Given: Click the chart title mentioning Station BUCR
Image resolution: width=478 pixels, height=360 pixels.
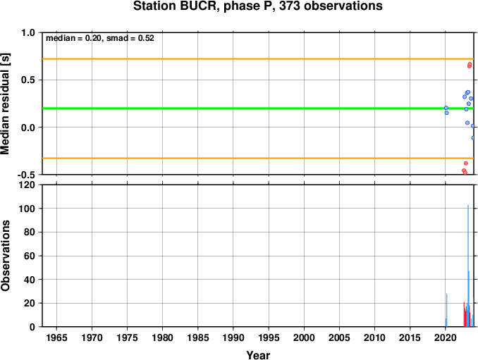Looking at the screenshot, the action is pyautogui.click(x=257, y=6).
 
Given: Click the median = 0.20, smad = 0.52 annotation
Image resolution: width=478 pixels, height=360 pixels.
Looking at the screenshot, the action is pyautogui.click(x=100, y=38).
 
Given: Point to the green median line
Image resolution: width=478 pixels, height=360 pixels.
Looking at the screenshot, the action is pyautogui.click(x=258, y=108).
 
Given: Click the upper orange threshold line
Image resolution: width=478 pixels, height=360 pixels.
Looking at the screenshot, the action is pyautogui.click(x=258, y=58).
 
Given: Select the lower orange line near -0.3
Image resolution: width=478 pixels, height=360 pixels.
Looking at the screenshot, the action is pyautogui.click(x=258, y=158).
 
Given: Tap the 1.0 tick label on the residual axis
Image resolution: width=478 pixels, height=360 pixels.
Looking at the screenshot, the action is pyautogui.click(x=28, y=32).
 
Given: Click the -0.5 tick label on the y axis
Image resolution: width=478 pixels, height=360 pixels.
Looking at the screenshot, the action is pyautogui.click(x=27, y=175).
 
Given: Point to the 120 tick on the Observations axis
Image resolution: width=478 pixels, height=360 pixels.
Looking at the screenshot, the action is pyautogui.click(x=27, y=185).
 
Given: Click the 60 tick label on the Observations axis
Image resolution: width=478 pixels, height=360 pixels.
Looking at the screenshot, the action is pyautogui.click(x=30, y=256).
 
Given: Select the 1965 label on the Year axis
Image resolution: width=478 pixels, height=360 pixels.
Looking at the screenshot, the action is pyautogui.click(x=56, y=337).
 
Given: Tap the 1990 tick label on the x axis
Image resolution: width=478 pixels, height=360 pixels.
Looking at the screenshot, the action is pyautogui.click(x=233, y=337).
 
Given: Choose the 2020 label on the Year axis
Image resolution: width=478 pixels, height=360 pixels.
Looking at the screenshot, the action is pyautogui.click(x=446, y=337).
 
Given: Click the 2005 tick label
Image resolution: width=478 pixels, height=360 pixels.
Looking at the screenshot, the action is pyautogui.click(x=339, y=337).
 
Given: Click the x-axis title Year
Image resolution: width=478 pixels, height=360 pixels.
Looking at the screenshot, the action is pyautogui.click(x=258, y=355).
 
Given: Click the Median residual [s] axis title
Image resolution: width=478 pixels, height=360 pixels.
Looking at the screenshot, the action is pyautogui.click(x=5, y=104).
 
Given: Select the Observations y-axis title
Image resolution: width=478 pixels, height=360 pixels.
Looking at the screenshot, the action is pyautogui.click(x=5, y=256).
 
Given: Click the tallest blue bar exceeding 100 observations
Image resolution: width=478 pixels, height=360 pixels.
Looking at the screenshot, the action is pyautogui.click(x=468, y=266).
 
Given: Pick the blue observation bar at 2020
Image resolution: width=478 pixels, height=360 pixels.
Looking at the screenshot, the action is pyautogui.click(x=446, y=311).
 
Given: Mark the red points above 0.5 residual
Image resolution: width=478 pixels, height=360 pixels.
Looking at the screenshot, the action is pyautogui.click(x=470, y=66).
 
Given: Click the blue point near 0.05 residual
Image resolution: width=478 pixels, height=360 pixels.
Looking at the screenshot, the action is pyautogui.click(x=467, y=123).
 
